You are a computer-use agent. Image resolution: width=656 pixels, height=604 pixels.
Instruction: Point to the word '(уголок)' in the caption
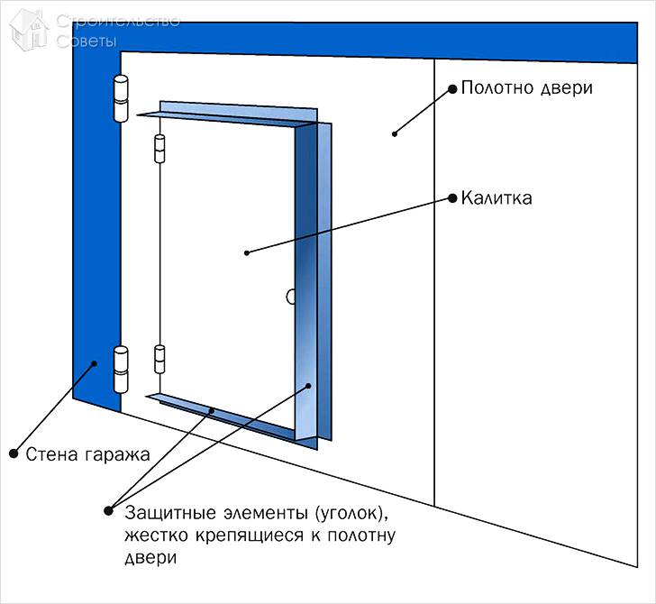[350, 513]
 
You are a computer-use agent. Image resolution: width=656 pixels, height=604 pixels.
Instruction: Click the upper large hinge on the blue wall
[120, 99]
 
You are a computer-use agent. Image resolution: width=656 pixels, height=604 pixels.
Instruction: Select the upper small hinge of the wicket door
[161, 149]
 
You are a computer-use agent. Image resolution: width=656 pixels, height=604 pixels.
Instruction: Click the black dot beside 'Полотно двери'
[451, 88]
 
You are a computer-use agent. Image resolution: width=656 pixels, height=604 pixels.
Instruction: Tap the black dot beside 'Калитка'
[451, 197]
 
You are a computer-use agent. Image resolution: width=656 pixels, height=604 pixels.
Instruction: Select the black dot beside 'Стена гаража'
[14, 453]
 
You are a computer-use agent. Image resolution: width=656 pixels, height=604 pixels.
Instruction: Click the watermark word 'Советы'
[87, 41]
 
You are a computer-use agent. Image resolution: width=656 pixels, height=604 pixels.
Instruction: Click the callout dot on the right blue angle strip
[308, 385]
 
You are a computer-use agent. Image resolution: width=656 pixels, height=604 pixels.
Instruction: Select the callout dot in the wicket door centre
[246, 253]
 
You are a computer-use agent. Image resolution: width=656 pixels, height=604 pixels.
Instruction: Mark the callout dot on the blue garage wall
[93, 364]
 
